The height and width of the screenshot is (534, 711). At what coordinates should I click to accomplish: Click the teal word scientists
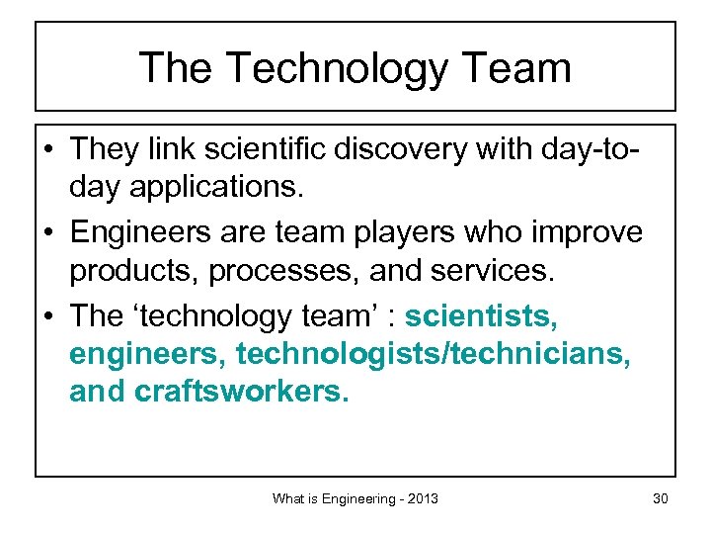coord(482,315)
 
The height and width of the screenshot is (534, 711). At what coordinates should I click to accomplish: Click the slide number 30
coord(660,499)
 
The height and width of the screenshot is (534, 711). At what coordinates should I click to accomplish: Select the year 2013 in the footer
coord(420,499)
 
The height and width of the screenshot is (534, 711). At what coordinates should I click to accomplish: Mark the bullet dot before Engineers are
coord(48,234)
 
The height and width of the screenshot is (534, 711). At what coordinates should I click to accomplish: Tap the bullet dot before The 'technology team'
coord(48,316)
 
